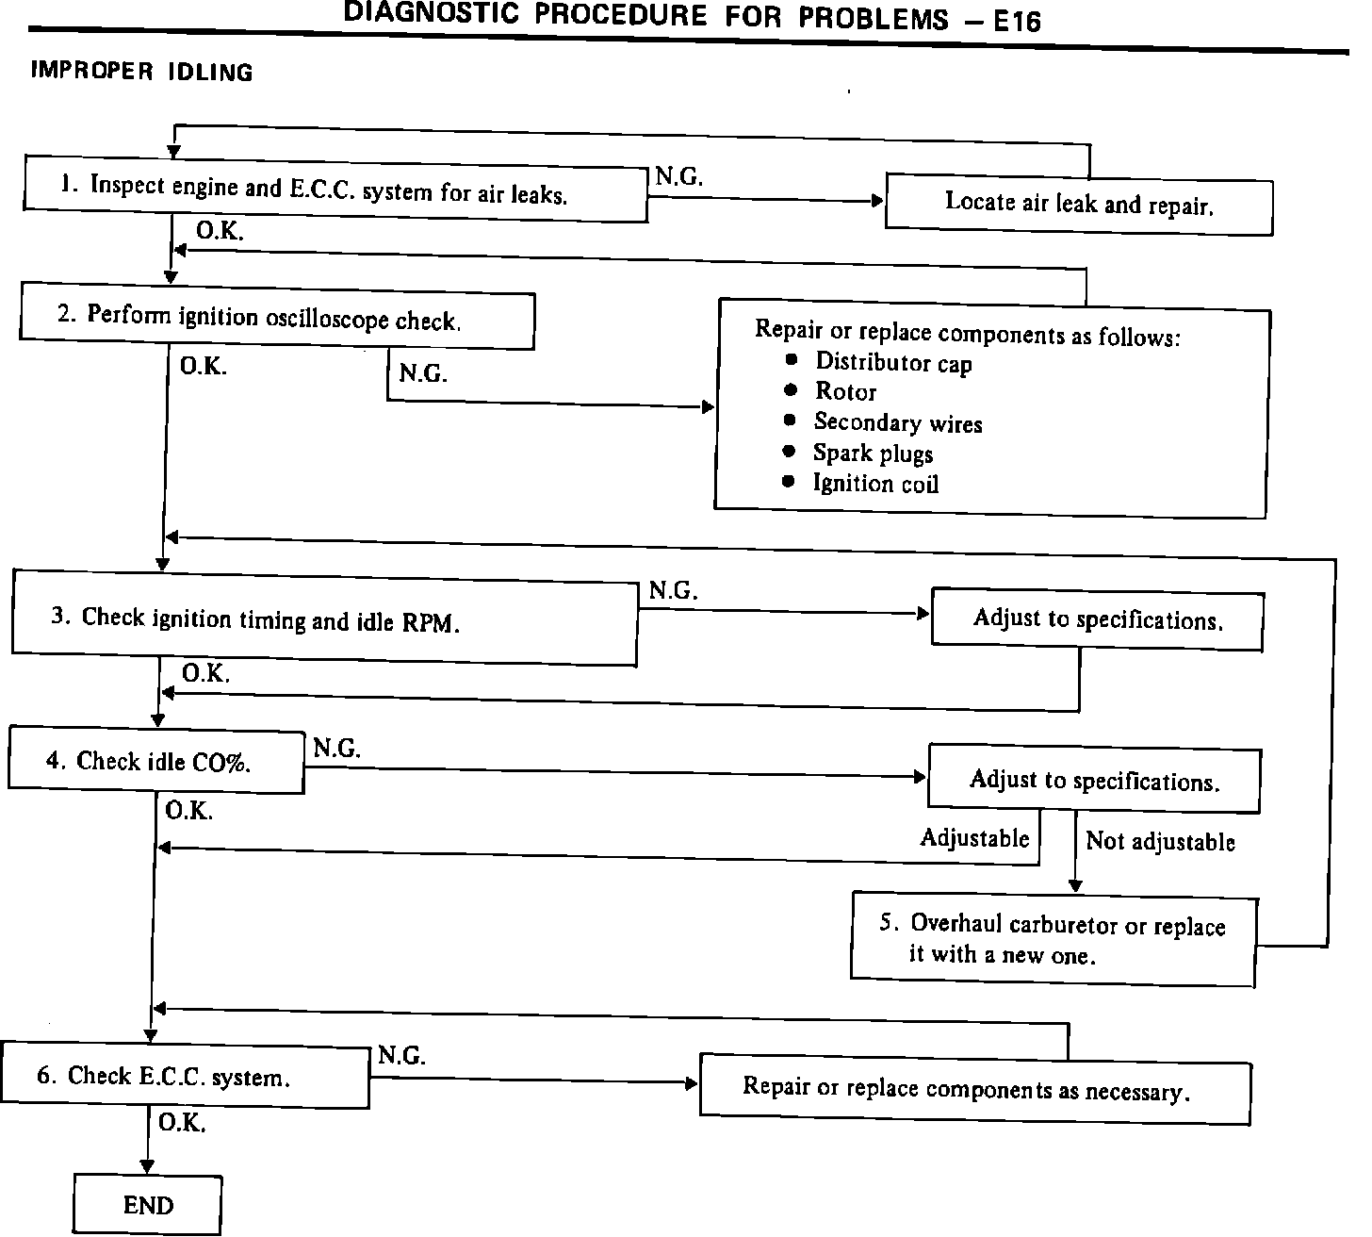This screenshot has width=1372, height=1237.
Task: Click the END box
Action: pyautogui.click(x=148, y=1205)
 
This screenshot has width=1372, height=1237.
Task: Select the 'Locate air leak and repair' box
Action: pyautogui.click(x=1079, y=204)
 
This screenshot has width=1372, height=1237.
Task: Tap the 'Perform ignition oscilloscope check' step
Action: pyautogui.click(x=276, y=319)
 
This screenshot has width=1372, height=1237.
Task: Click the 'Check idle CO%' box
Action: pyautogui.click(x=156, y=760)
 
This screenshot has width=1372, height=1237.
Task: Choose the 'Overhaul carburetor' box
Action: pyautogui.click(x=1053, y=938)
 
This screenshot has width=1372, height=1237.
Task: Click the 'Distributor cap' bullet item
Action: pyautogui.click(x=892, y=362)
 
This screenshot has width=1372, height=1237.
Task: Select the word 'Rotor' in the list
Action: pyautogui.click(x=845, y=392)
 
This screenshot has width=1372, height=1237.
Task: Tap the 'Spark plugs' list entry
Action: pyautogui.click(x=873, y=454)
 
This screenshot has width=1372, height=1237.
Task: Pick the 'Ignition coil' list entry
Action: pyautogui.click(x=875, y=484)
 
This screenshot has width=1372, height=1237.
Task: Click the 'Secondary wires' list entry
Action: pyautogui.click(x=897, y=422)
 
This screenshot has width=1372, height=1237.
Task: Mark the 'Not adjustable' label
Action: pyautogui.click(x=1160, y=841)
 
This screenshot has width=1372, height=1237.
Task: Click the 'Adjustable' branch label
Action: pyautogui.click(x=974, y=837)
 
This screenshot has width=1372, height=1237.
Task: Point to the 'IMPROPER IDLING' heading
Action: pyautogui.click(x=142, y=72)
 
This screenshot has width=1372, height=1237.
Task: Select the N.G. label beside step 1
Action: pyautogui.click(x=678, y=177)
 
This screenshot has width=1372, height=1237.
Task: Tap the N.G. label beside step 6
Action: pyautogui.click(x=401, y=1056)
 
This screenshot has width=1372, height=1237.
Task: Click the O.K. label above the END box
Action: pyautogui.click(x=182, y=1123)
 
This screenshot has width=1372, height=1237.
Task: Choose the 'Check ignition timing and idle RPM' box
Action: pyautogui.click(x=324, y=619)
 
